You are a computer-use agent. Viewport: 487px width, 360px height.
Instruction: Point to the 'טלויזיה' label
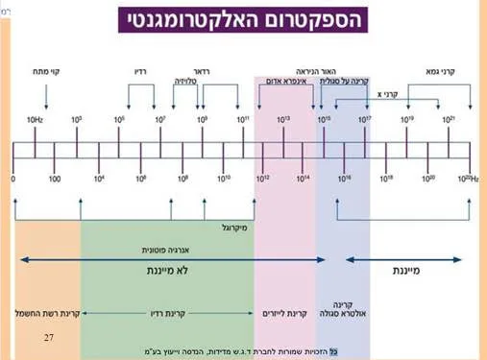(x=190, y=82)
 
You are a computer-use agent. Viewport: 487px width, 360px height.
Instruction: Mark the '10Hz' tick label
(x=35, y=119)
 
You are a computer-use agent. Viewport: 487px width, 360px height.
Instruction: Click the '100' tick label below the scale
(x=55, y=179)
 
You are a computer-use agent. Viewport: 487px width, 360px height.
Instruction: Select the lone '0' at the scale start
(x=13, y=179)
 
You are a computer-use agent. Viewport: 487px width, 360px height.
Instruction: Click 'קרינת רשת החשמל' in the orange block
(x=46, y=313)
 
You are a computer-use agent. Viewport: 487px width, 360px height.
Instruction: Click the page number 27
(x=49, y=337)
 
